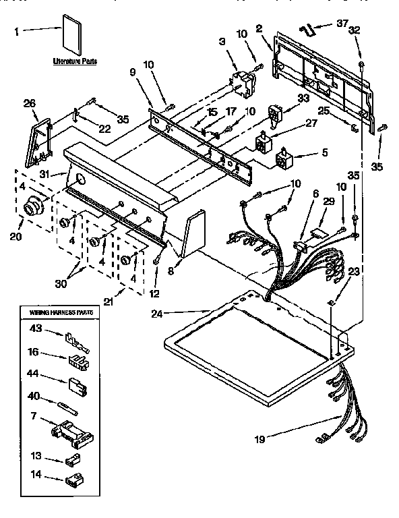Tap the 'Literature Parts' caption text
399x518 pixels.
point(75,61)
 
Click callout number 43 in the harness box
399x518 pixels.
point(35,329)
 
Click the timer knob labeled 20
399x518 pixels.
point(32,209)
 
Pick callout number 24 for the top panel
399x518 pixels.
point(156,312)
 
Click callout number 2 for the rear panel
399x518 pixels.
point(259,28)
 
